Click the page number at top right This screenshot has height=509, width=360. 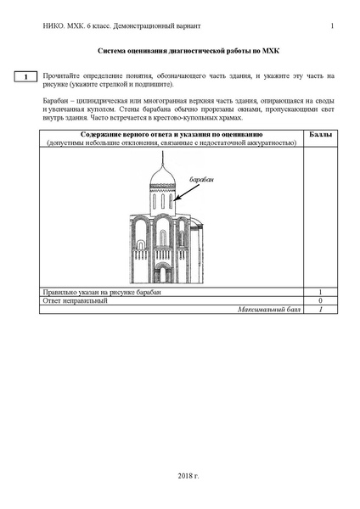point(332,25)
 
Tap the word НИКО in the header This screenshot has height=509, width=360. point(51,25)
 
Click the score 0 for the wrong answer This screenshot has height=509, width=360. point(320,301)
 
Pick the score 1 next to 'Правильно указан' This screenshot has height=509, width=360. point(320,293)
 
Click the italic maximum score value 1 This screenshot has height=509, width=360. point(320,310)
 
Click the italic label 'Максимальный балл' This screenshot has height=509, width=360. point(270,310)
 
